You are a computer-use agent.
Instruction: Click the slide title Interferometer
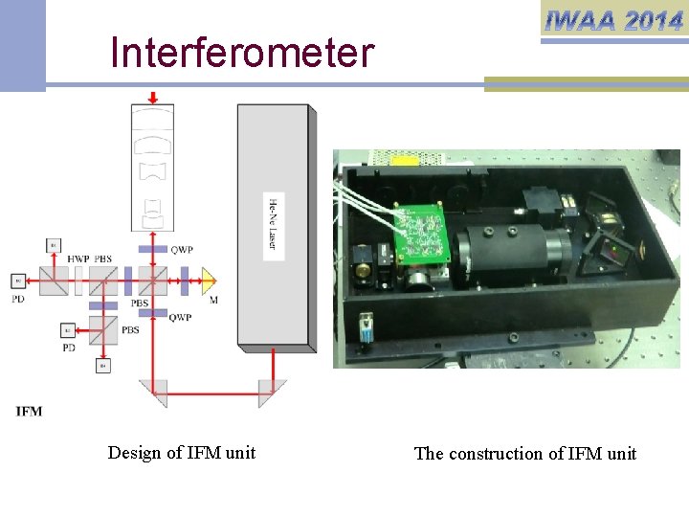click(241, 54)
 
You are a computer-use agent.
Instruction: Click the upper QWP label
click(182, 250)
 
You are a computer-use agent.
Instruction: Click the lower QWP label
click(180, 317)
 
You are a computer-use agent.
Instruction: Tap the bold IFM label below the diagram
click(30, 412)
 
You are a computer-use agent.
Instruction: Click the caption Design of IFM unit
click(182, 453)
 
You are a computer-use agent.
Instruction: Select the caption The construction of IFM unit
click(524, 454)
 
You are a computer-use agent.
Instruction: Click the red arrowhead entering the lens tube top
click(153, 98)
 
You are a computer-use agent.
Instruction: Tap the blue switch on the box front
click(367, 325)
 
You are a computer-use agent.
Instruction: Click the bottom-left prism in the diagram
click(152, 391)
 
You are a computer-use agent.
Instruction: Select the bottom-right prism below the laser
click(273, 391)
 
